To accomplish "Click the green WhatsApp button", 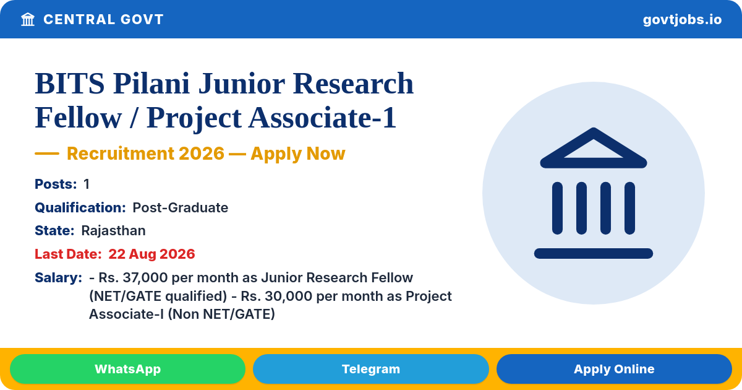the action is click(127, 369).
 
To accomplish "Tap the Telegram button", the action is click(370, 369).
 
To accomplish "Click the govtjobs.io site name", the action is click(682, 20).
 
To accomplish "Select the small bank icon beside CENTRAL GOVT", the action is click(28, 19).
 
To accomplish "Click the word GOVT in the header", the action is click(142, 19).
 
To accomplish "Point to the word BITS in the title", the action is click(69, 83).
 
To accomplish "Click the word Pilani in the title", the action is click(151, 83).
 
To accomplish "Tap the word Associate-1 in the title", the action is click(322, 118).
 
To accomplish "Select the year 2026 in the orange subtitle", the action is click(202, 154).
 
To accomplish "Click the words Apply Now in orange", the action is click(298, 154).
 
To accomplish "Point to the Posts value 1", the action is click(87, 184).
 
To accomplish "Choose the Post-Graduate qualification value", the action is click(180, 207).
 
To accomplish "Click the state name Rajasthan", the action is click(113, 230).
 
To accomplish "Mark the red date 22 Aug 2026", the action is click(151, 254).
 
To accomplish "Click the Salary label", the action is click(58, 277).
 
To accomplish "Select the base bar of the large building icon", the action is click(593, 253).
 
